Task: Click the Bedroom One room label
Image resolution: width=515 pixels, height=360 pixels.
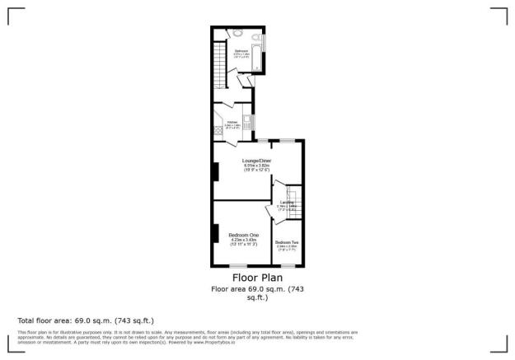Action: coord(242,234)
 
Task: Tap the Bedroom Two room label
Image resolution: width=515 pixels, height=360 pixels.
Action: coord(287,241)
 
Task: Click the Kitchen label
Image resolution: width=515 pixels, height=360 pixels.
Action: coord(232,120)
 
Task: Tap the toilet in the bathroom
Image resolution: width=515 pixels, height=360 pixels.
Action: coord(236,34)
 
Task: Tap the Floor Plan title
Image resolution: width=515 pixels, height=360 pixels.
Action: coord(257,278)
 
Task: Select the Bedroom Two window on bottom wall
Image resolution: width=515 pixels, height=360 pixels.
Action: coord(288,266)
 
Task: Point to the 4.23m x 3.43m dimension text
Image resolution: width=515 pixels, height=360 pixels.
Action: coord(243,240)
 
